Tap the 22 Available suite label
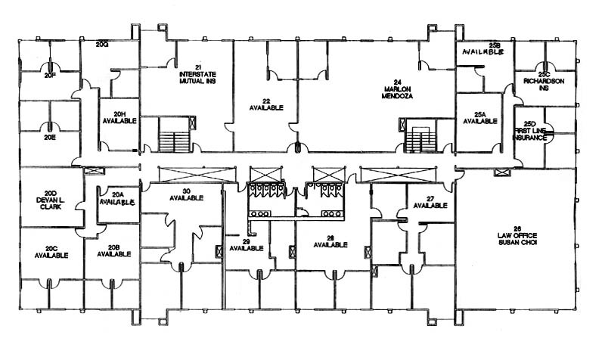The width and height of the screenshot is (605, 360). tap(266, 104)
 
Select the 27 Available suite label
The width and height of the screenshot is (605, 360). tap(430, 201)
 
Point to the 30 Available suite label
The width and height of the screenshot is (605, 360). tap(186, 194)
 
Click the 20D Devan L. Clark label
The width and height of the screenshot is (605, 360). tap(51, 199)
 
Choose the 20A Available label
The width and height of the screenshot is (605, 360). tap(117, 199)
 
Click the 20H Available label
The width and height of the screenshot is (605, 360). tap(119, 117)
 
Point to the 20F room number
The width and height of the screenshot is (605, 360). tap(51, 76)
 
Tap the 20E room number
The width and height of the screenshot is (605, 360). tap(51, 137)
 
